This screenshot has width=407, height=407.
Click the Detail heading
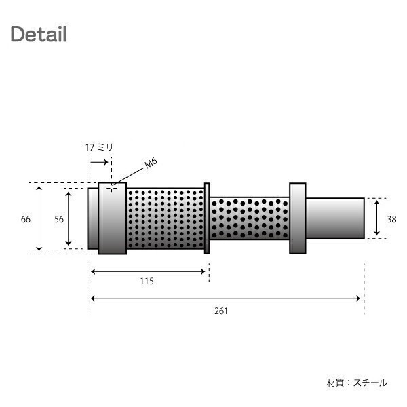39,34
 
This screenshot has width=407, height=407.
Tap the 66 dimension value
26,219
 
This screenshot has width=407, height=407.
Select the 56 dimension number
59,219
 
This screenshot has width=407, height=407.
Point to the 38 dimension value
391,219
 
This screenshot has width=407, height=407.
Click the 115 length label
147,281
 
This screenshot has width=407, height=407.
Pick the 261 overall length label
221,311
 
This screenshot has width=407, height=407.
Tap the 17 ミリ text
99,147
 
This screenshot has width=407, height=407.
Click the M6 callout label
151,163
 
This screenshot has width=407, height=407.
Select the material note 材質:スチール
357,383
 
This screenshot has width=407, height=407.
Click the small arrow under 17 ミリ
100,162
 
